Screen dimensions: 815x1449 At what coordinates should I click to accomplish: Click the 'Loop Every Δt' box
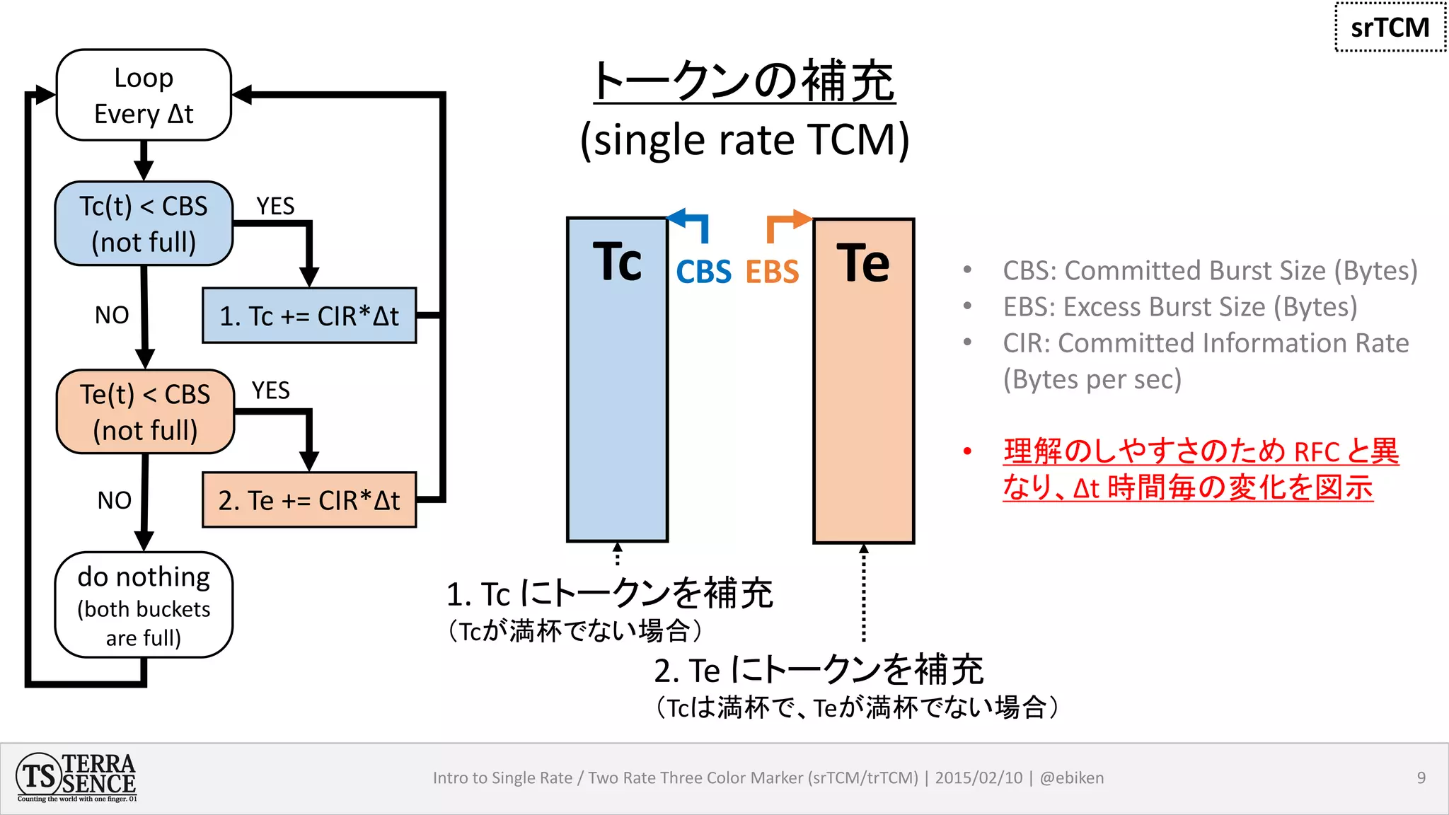tap(144, 95)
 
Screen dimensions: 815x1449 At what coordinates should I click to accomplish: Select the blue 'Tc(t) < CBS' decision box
tap(144, 224)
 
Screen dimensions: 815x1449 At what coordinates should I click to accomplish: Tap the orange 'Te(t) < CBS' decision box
tap(145, 412)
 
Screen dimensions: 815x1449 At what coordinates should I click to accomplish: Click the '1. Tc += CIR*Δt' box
tap(309, 316)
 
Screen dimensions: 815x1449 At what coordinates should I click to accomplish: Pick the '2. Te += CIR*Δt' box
tap(309, 500)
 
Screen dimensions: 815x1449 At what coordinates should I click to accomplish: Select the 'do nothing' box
tap(144, 606)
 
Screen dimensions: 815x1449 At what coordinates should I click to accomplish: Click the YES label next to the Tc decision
tap(275, 206)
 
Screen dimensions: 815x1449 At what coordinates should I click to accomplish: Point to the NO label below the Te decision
tap(115, 500)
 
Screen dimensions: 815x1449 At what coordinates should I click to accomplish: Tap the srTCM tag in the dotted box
tap(1390, 28)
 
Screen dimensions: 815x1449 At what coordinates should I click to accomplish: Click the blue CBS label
tap(703, 272)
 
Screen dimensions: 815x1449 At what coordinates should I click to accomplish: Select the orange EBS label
tap(772, 272)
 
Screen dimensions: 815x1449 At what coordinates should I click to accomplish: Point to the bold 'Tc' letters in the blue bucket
tap(617, 262)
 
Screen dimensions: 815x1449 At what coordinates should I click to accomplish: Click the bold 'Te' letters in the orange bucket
tap(863, 263)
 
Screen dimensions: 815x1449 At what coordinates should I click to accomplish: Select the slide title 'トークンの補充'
tap(744, 81)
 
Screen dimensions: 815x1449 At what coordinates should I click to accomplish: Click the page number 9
tap(1421, 778)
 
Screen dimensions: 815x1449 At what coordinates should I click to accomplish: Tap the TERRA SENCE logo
tap(76, 778)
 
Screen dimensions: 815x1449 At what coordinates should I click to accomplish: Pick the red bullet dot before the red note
tap(967, 451)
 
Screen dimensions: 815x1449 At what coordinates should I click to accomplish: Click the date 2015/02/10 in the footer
tap(978, 778)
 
